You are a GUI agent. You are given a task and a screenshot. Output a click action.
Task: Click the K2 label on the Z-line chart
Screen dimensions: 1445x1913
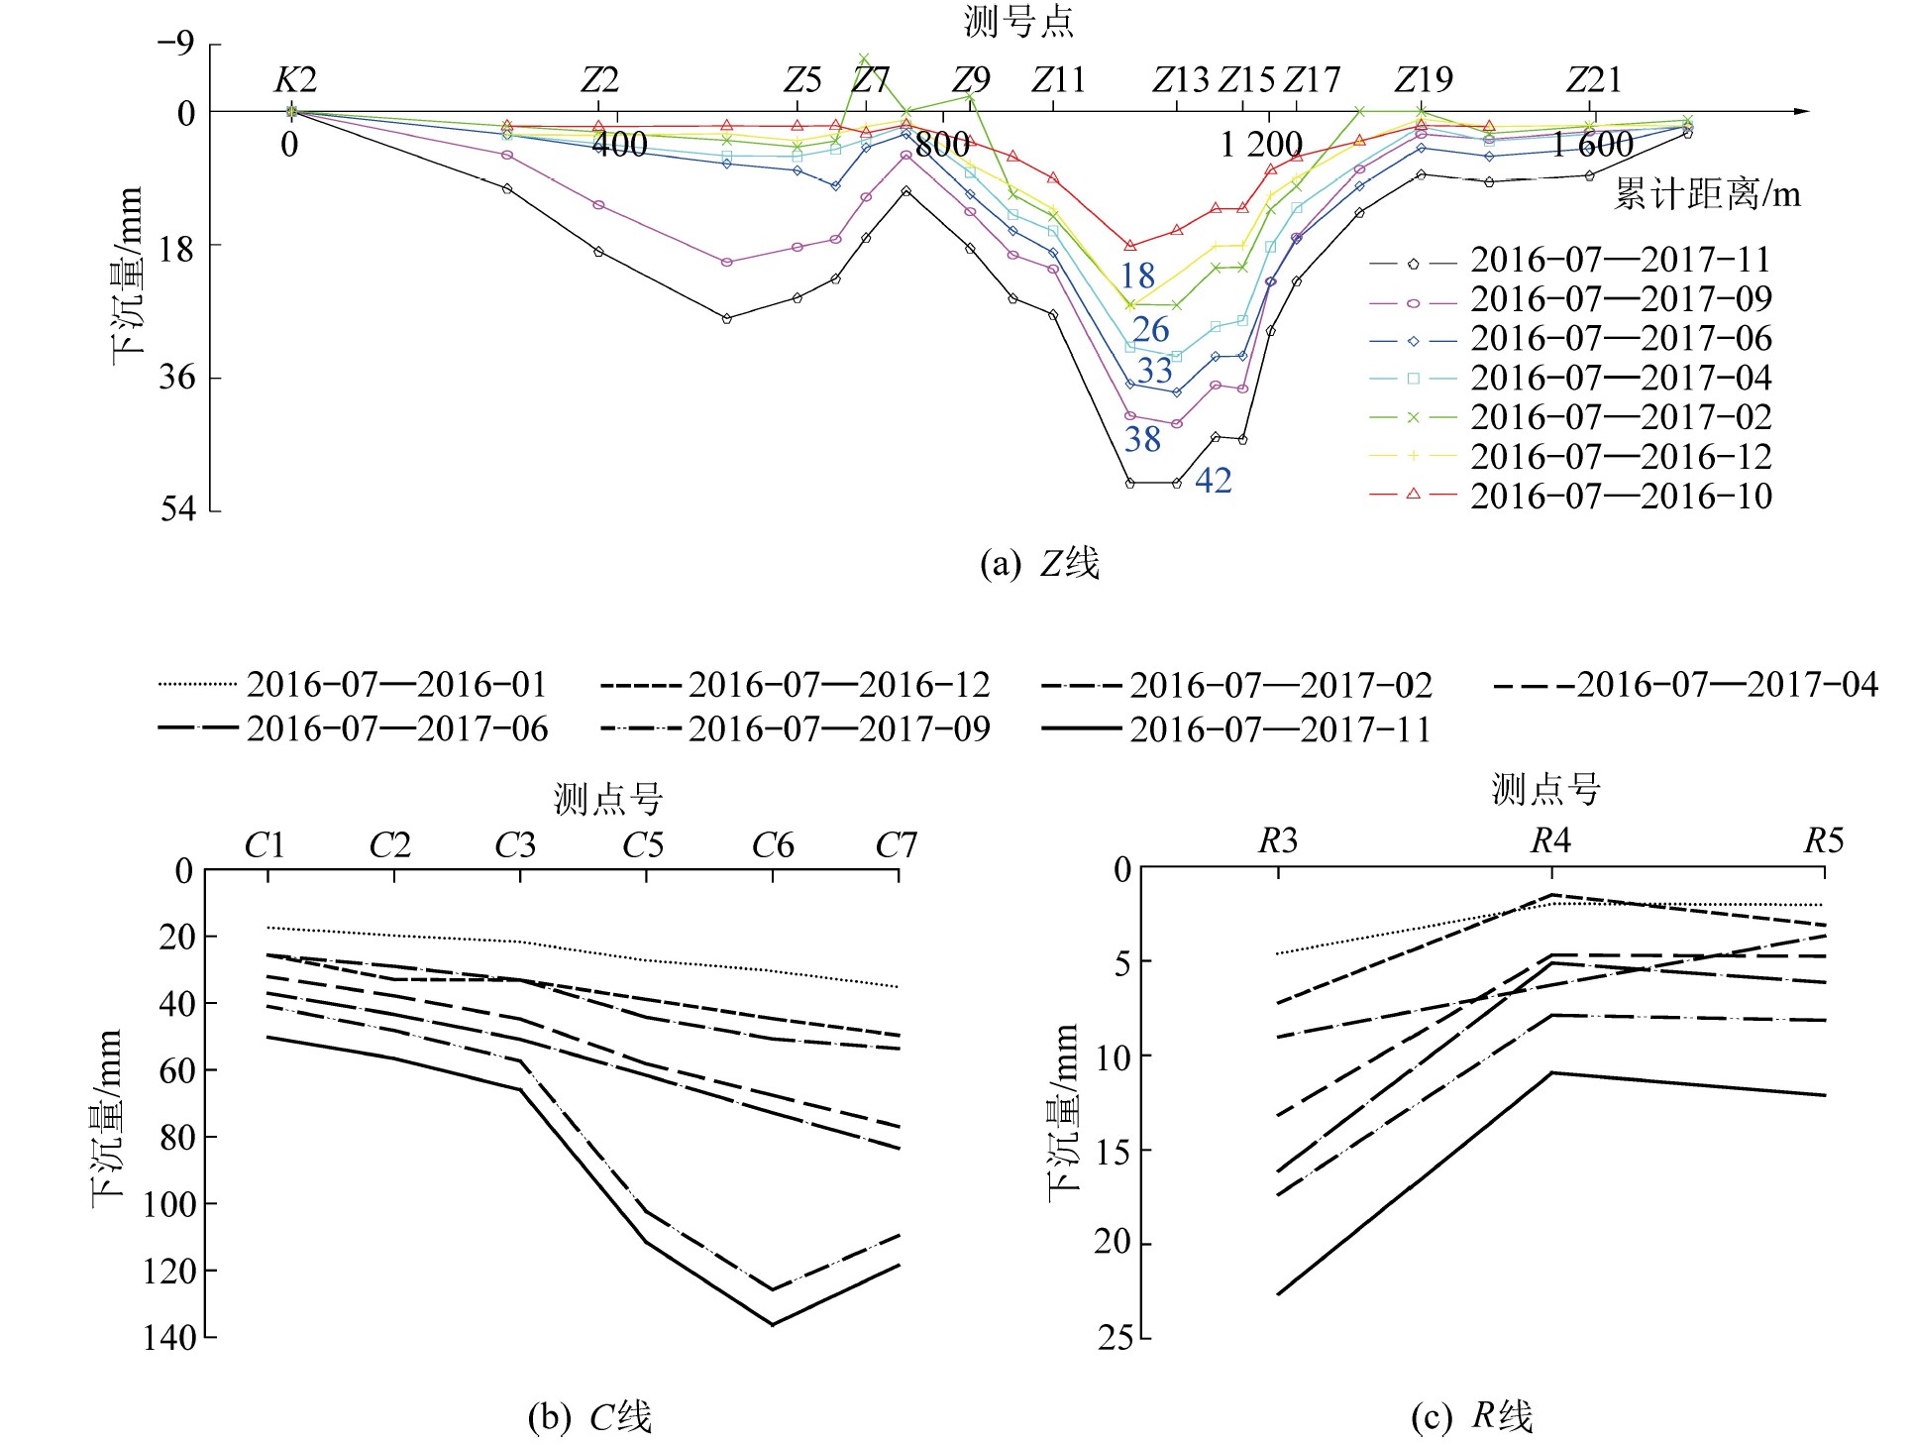tap(295, 80)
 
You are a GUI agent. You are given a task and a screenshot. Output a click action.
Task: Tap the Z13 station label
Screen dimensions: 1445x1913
tap(1180, 80)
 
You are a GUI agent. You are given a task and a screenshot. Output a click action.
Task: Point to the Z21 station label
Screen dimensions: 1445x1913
tap(1593, 80)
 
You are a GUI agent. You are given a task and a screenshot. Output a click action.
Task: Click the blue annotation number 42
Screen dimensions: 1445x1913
tap(1214, 481)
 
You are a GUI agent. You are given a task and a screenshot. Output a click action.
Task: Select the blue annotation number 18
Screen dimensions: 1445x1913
tap(1137, 276)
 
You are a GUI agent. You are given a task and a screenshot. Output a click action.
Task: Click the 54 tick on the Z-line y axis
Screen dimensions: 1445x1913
tap(178, 509)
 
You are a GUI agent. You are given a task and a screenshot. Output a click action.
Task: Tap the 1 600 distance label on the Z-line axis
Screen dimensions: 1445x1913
tap(1592, 146)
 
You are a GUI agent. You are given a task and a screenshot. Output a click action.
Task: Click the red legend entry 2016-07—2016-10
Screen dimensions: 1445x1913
tap(1621, 496)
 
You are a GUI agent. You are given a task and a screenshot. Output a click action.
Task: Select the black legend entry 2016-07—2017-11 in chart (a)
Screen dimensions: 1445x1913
tap(1621, 261)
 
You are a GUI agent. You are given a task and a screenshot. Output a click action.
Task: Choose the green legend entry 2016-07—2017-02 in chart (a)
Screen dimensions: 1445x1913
tap(1621, 417)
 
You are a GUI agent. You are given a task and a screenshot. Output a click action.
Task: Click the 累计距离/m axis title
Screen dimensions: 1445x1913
tap(1707, 194)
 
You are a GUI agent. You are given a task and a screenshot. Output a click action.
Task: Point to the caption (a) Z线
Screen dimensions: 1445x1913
tap(1039, 564)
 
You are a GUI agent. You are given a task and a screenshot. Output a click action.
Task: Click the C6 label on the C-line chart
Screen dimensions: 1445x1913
tap(773, 845)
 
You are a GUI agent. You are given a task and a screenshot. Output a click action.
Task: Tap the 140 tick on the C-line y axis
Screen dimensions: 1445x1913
tap(169, 1338)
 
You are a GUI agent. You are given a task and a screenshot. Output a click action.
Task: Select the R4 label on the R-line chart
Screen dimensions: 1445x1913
tap(1550, 841)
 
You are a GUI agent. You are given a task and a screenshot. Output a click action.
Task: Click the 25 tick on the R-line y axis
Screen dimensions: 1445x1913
tap(1115, 1338)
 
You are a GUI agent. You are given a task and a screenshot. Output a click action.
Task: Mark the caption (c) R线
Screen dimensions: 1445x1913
tap(1472, 1416)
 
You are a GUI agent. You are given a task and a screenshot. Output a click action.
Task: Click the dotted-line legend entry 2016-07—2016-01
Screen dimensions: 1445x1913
tap(396, 685)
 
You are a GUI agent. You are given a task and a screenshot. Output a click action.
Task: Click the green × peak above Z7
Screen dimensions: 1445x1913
tap(864, 58)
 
